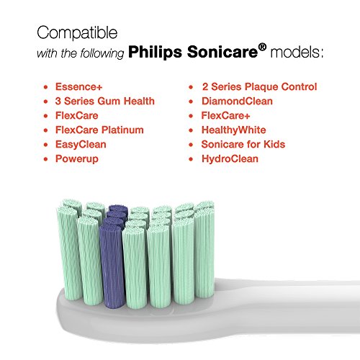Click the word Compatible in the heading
click(x=77, y=33)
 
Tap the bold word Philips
click(x=155, y=52)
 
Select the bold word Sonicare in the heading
click(x=222, y=52)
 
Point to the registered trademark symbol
click(x=263, y=47)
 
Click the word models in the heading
click(x=297, y=52)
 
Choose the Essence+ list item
click(x=78, y=86)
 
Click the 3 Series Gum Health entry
click(x=105, y=101)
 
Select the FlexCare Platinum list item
click(x=99, y=130)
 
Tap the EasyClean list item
click(x=81, y=145)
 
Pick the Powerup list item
click(x=77, y=159)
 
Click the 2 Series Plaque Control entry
click(x=259, y=87)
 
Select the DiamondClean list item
click(x=237, y=101)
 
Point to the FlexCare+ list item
click(x=225, y=115)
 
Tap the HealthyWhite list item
click(x=234, y=130)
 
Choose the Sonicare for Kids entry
click(x=243, y=144)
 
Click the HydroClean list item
click(x=230, y=159)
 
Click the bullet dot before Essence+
click(x=46, y=87)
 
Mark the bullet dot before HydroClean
click(x=191, y=159)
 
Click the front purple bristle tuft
click(x=112, y=266)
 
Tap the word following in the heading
click(x=102, y=53)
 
